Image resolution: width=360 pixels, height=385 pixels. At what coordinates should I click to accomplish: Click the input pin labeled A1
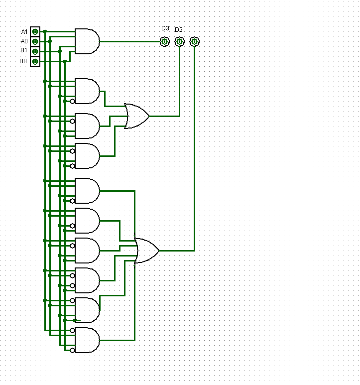point(35,31)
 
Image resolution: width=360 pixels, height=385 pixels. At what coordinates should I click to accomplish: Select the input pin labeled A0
point(35,41)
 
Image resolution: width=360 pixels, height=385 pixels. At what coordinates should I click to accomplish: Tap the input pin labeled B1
point(35,51)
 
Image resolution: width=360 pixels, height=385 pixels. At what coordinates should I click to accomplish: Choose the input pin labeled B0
point(35,61)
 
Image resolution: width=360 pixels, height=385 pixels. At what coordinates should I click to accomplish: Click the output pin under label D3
point(164,41)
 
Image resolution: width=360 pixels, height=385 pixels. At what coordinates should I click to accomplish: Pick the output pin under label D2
point(179,41)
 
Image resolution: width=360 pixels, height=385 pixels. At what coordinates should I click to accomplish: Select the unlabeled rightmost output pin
point(194,41)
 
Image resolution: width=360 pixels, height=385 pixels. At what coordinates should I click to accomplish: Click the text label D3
point(165,28)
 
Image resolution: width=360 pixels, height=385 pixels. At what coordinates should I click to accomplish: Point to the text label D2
point(178,30)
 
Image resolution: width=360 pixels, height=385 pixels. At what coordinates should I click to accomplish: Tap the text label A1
point(24,32)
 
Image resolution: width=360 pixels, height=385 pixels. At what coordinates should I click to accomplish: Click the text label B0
point(23,61)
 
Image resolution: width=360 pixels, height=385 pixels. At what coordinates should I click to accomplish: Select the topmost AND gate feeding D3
point(87,41)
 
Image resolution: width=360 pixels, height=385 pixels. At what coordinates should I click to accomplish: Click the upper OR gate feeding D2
point(136,116)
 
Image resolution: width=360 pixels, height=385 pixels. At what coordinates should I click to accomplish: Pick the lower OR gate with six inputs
point(147,251)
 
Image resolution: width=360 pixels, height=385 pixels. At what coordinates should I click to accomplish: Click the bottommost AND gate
point(87,340)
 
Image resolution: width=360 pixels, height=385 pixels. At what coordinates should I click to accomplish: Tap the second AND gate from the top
point(87,91)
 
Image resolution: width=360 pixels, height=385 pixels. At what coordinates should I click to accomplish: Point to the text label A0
point(24,41)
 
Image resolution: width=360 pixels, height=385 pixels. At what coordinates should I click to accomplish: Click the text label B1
point(23,51)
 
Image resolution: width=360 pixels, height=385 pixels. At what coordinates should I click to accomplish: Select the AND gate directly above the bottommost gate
point(87,310)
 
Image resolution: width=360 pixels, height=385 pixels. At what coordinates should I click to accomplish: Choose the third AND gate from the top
point(87,126)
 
